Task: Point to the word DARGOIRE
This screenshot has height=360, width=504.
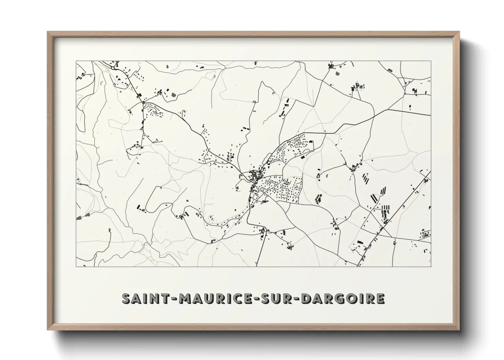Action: coord(344,298)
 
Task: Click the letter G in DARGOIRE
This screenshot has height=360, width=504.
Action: coord(343,298)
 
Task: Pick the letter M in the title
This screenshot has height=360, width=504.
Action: coord(185,298)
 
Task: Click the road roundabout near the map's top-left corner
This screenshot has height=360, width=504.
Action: coord(112,68)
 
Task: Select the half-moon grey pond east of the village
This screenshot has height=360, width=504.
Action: coord(328,176)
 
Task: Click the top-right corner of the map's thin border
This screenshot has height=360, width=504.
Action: coord(431,61)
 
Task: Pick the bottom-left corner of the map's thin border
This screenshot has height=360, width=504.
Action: coord(76,266)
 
